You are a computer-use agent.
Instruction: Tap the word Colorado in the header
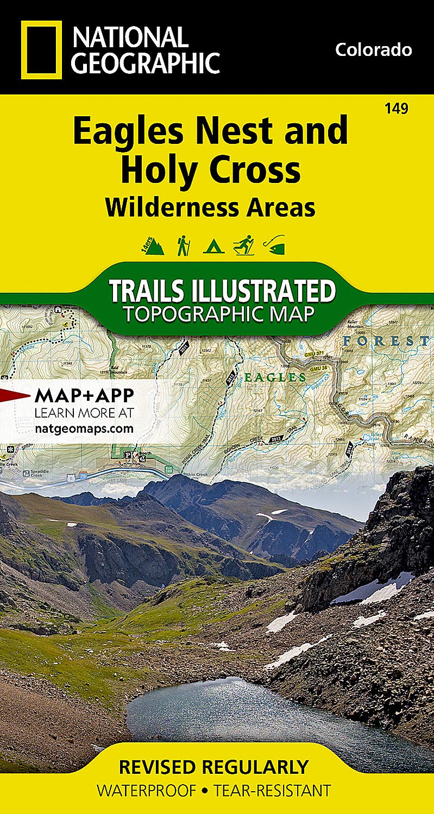click(x=373, y=50)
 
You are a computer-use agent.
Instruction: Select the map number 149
click(x=396, y=109)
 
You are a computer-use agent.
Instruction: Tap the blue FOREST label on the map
click(x=386, y=341)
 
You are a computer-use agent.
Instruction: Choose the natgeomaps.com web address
click(x=84, y=428)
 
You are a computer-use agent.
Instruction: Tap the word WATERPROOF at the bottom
click(x=146, y=790)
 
